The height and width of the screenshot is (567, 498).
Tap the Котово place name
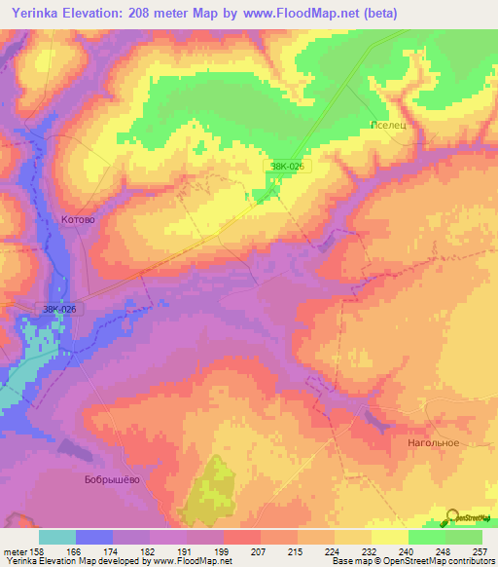[x=78, y=220]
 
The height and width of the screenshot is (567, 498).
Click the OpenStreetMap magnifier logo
[x=453, y=516]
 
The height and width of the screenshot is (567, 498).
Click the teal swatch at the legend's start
[x=57, y=537]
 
